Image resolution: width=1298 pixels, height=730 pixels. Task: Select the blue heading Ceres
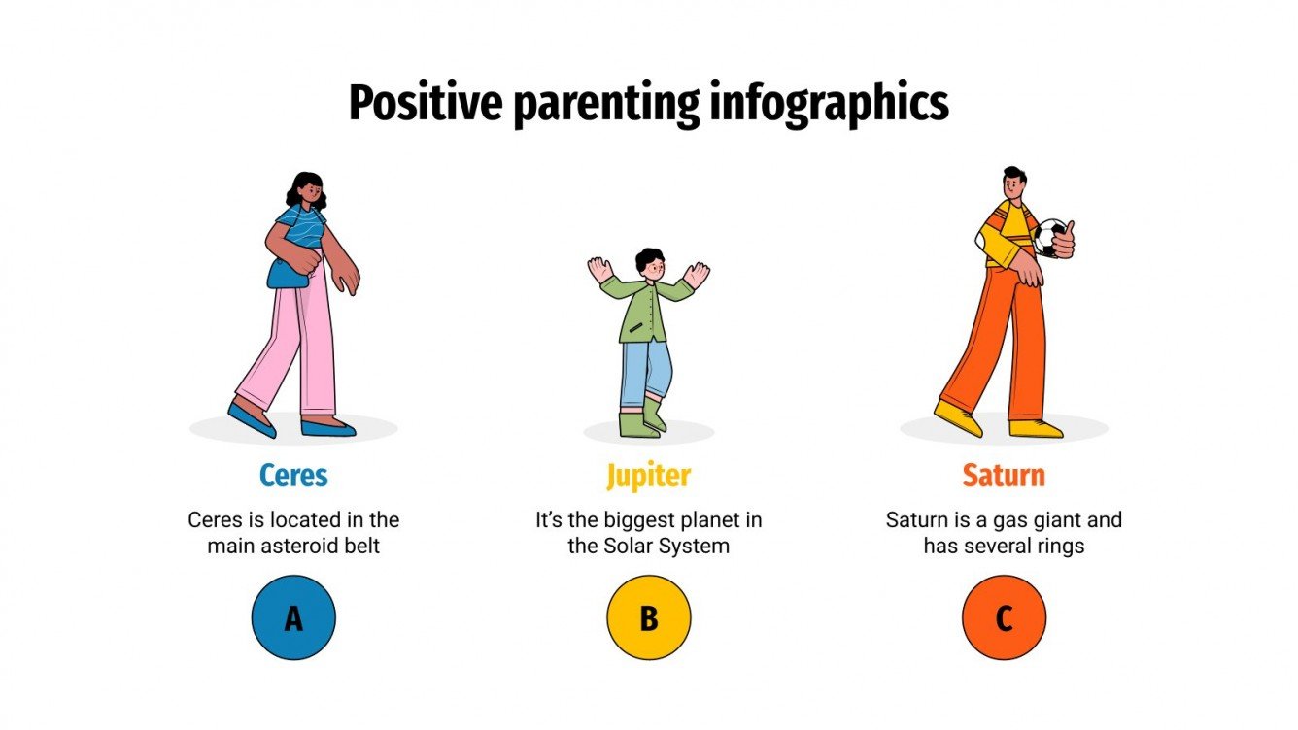pos(293,476)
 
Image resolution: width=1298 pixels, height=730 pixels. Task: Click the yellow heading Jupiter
pos(648,476)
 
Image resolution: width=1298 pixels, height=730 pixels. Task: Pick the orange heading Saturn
pos(1004,476)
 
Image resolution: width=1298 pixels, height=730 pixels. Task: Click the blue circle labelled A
pos(293,617)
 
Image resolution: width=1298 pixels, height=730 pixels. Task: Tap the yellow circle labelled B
pos(648,617)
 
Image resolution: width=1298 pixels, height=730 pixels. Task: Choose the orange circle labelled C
pos(1004,617)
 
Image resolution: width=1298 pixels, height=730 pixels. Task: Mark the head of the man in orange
pos(1011,182)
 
